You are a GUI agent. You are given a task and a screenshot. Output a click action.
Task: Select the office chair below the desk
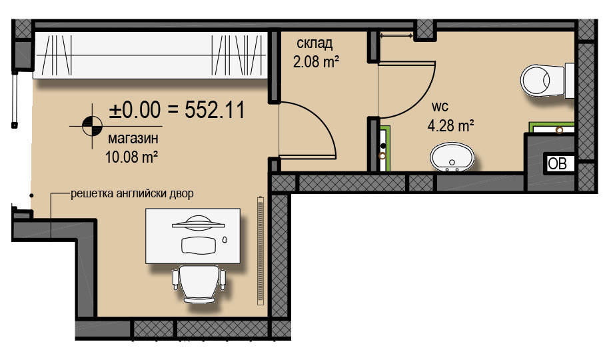pyautogui.click(x=199, y=283)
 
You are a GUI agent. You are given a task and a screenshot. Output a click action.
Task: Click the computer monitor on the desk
pyautogui.click(x=198, y=223)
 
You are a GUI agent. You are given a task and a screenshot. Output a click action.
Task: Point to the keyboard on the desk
pyautogui.click(x=199, y=245)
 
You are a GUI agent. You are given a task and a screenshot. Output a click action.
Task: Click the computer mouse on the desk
pyautogui.click(x=225, y=239)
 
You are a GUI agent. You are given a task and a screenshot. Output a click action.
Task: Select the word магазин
pyautogui.click(x=133, y=139)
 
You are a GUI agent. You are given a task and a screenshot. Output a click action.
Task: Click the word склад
pyautogui.click(x=314, y=43)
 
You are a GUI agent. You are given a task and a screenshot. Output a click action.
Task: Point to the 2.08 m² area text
pyautogui.click(x=316, y=61)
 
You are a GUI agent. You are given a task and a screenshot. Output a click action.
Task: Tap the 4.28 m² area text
pyautogui.click(x=450, y=125)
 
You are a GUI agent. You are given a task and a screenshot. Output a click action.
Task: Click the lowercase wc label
pyautogui.click(x=440, y=107)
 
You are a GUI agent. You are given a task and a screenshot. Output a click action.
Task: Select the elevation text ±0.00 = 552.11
pyautogui.click(x=177, y=110)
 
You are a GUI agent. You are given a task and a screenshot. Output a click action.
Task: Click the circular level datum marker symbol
pyautogui.click(x=92, y=126)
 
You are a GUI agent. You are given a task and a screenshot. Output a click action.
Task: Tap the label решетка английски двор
pyautogui.click(x=132, y=193)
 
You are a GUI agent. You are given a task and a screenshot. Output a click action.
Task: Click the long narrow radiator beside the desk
pyautogui.click(x=261, y=251)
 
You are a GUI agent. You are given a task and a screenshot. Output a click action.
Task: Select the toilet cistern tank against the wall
pyautogui.click(x=570, y=80)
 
